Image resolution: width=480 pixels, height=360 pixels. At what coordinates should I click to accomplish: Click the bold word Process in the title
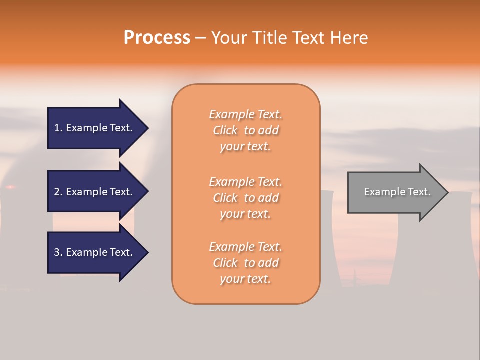click(x=157, y=38)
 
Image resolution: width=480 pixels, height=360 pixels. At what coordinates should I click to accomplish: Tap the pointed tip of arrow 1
click(x=147, y=128)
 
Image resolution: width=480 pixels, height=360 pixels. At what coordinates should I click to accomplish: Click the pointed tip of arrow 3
click(x=147, y=252)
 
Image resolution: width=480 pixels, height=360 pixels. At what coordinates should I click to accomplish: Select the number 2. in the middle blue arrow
click(x=58, y=192)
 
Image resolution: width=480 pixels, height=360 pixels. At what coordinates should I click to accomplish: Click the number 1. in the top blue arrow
click(x=58, y=128)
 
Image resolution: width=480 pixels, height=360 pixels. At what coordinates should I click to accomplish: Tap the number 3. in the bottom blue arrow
click(x=58, y=252)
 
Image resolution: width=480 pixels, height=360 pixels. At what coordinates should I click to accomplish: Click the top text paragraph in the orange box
click(x=245, y=130)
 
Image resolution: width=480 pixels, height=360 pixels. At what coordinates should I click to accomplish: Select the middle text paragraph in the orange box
click(x=245, y=198)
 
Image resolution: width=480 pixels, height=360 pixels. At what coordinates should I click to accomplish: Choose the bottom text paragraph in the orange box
click(x=245, y=263)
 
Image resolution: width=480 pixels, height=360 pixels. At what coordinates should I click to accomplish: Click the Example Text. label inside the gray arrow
click(x=397, y=192)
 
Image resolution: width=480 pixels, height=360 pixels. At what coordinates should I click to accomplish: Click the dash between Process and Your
click(x=201, y=38)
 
